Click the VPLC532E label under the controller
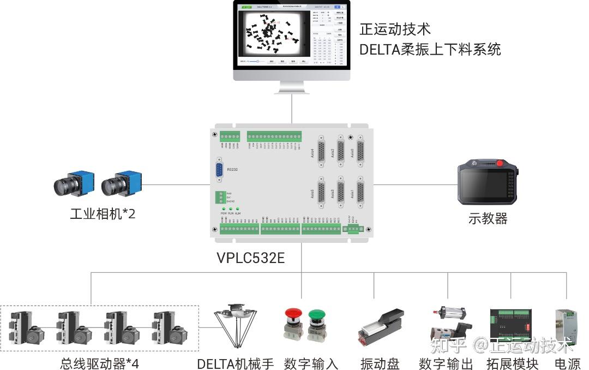(x=250, y=257)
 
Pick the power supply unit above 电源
(x=566, y=326)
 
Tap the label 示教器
(x=488, y=219)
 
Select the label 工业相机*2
(x=103, y=213)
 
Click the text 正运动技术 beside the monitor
(x=395, y=29)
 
